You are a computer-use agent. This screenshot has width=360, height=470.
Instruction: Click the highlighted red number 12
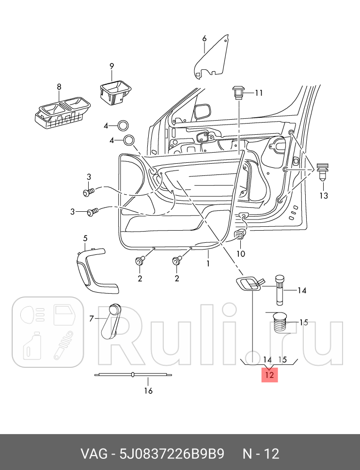[270, 375]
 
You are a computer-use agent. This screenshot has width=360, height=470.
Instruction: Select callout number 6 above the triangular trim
[204, 38]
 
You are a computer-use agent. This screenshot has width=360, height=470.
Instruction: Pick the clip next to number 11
[238, 92]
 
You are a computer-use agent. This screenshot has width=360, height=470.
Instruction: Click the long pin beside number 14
[281, 289]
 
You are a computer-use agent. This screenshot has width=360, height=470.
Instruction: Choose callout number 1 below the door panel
[208, 264]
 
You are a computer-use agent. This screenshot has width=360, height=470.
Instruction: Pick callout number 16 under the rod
[148, 391]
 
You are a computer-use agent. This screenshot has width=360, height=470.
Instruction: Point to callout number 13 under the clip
[323, 196]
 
